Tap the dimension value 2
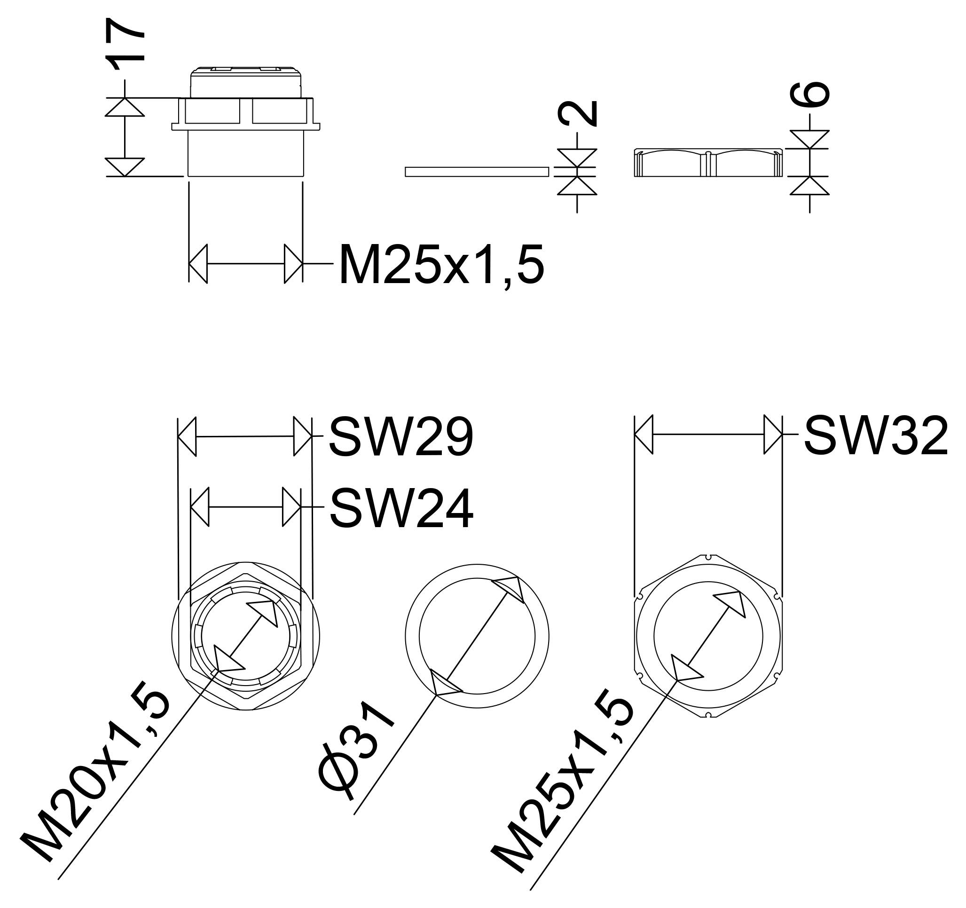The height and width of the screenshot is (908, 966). click(578, 113)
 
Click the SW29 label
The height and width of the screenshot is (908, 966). click(401, 436)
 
